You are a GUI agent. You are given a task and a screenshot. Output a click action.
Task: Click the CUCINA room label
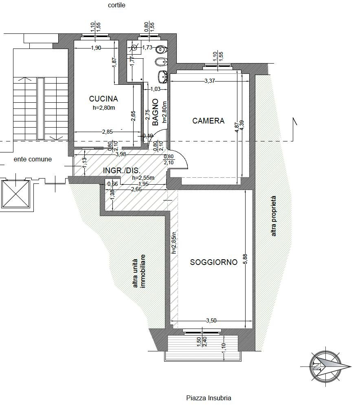(103, 99)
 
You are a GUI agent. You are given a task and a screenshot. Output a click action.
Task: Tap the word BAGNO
(155, 112)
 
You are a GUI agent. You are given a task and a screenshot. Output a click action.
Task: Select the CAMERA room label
(209, 121)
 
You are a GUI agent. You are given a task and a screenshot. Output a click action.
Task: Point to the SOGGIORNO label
(214, 262)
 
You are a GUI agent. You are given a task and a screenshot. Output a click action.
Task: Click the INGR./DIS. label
(122, 171)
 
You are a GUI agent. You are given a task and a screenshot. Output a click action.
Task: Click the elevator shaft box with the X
(16, 194)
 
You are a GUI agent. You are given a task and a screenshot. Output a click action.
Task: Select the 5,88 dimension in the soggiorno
(245, 259)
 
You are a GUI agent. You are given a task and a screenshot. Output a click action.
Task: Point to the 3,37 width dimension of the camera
(210, 81)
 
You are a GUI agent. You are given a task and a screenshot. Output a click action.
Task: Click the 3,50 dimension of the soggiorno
(211, 320)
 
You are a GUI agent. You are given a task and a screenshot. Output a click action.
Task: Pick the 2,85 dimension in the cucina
(108, 132)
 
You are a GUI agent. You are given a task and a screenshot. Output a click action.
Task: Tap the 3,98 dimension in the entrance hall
(121, 154)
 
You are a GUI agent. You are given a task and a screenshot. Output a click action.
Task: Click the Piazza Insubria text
(209, 398)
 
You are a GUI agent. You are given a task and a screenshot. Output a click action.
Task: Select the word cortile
(116, 5)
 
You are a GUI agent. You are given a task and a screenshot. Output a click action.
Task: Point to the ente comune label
(33, 159)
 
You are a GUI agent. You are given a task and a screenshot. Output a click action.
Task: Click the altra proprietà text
(274, 216)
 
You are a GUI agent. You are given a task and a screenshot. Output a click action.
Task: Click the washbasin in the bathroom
(162, 76)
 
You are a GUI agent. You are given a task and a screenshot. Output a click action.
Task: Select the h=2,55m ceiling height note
(143, 178)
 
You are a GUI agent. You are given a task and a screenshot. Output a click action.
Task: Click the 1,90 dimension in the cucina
(96, 48)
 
